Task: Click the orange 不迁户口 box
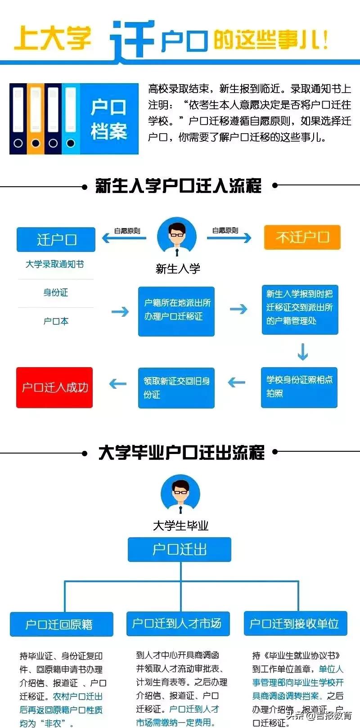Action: tap(302, 237)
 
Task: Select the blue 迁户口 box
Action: tap(56, 239)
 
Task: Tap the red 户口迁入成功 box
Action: tap(54, 387)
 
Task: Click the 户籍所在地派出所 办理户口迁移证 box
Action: tap(176, 311)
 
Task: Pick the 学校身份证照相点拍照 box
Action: tap(299, 387)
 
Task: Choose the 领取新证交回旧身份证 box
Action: tap(176, 387)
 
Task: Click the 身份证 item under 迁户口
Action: tap(55, 293)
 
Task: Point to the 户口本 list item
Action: tap(55, 321)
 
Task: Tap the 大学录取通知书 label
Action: tap(54, 264)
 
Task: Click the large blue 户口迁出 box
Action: tap(180, 549)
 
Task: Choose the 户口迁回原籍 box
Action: tap(61, 624)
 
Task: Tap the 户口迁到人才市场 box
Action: tap(178, 623)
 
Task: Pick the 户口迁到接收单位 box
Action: tap(295, 623)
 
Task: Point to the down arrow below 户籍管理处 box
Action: tap(302, 352)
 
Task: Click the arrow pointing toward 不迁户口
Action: tap(229, 238)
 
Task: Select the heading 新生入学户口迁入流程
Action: tap(179, 185)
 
